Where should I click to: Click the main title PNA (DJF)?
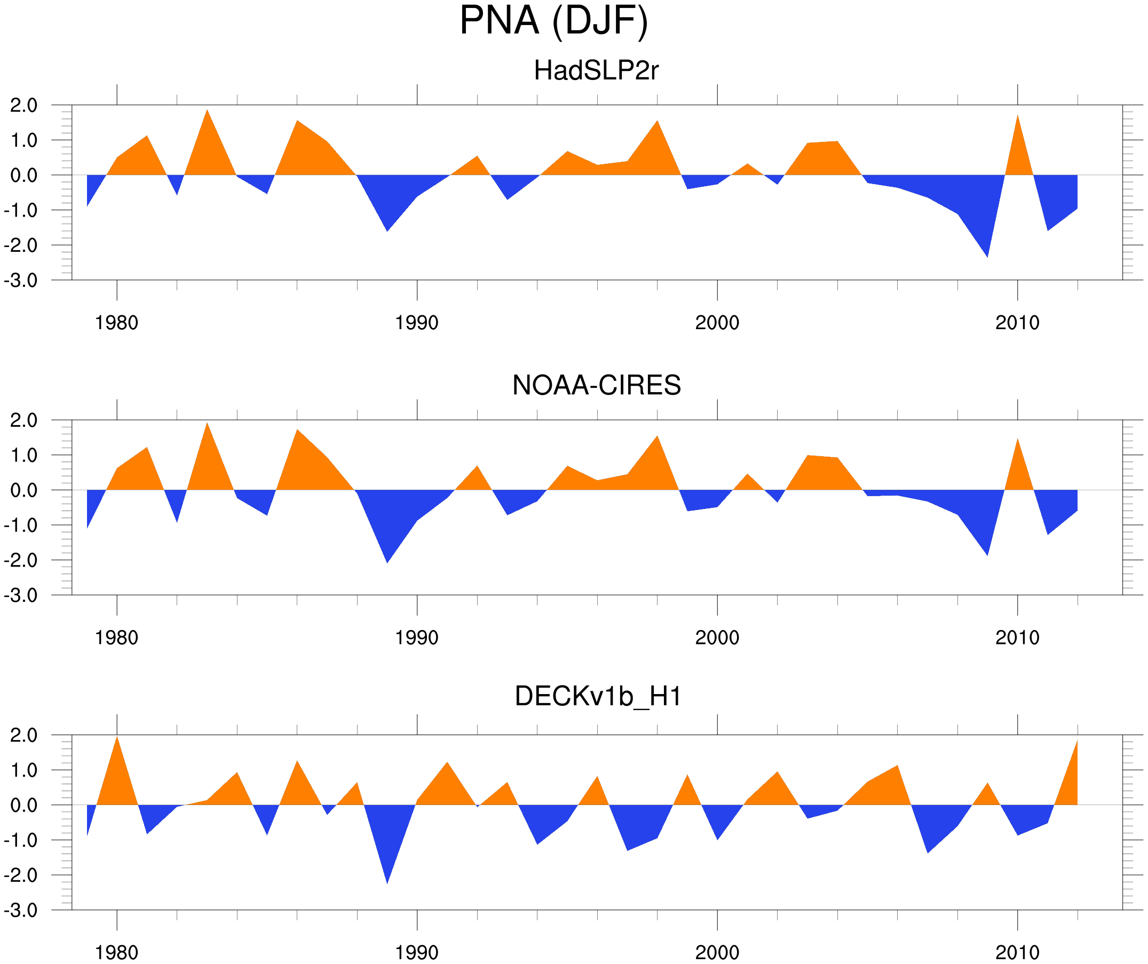[x=553, y=21]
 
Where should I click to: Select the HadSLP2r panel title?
[x=596, y=70]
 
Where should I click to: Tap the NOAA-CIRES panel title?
[x=596, y=385]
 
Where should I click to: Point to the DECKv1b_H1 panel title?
[x=598, y=696]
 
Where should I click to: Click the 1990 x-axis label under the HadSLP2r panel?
[x=417, y=323]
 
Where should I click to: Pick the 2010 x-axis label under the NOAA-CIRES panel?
[x=1017, y=638]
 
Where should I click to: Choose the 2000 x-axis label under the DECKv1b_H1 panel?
[x=717, y=952]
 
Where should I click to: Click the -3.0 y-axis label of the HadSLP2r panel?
[x=21, y=281]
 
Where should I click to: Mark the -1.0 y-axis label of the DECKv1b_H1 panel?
[x=21, y=840]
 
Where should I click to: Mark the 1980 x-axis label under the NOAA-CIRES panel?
[x=116, y=638]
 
